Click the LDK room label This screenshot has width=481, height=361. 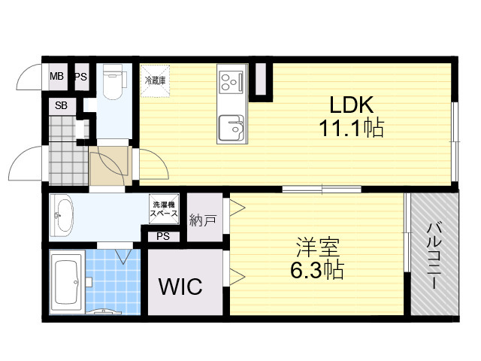[352, 105]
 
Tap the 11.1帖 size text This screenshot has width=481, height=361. [352, 128]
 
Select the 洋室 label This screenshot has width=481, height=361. [317, 247]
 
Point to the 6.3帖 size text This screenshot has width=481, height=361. [317, 270]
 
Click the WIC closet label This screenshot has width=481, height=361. [180, 286]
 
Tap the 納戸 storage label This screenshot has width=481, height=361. [203, 220]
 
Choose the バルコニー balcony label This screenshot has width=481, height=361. [434, 256]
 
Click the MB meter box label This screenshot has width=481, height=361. [57, 76]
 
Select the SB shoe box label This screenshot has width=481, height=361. [61, 105]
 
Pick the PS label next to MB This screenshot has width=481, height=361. [81, 77]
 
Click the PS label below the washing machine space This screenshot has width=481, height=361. [163, 236]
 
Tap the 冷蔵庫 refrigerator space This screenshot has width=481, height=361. [155, 80]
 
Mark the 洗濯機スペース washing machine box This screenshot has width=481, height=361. [164, 209]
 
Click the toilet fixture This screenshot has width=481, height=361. [113, 82]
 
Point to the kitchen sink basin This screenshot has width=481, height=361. [231, 128]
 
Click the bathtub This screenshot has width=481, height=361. [66, 283]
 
